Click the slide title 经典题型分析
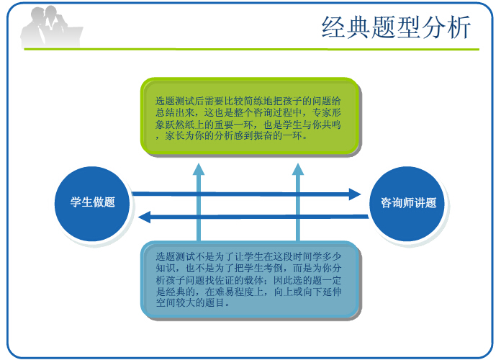click(x=396, y=27)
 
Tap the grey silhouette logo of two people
click(x=52, y=27)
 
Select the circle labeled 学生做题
click(x=92, y=204)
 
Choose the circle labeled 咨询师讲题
click(x=407, y=204)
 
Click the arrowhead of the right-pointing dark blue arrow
click(x=355, y=194)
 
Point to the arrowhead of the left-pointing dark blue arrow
click(x=145, y=217)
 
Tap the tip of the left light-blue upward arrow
click(x=199, y=163)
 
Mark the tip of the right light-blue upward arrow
click(x=298, y=163)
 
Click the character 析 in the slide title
click(x=459, y=27)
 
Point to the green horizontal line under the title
click(x=251, y=49)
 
